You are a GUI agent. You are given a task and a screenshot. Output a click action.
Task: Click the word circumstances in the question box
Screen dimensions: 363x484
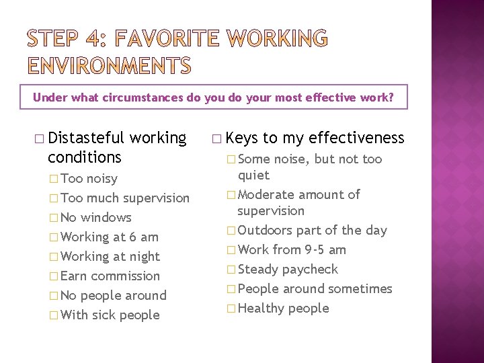pyautogui.click(x=144, y=97)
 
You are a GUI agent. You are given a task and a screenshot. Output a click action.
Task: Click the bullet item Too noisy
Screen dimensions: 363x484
pyautogui.click(x=88, y=178)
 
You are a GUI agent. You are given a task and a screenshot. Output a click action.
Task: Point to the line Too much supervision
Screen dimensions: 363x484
pyautogui.click(x=124, y=198)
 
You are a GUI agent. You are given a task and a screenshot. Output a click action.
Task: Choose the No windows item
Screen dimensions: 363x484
pyautogui.click(x=95, y=217)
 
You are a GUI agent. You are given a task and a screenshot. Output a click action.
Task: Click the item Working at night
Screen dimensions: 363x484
pyautogui.click(x=110, y=256)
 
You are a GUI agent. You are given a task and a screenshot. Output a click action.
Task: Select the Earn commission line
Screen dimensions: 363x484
pyautogui.click(x=110, y=276)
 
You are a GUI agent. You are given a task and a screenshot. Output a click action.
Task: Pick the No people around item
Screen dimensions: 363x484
pyautogui.click(x=113, y=295)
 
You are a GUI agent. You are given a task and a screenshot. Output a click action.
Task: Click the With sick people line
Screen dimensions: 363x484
pyautogui.click(x=110, y=315)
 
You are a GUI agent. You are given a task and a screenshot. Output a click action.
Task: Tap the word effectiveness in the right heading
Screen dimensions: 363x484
pyautogui.click(x=356, y=138)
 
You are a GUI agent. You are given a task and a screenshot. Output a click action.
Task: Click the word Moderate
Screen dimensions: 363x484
pyautogui.click(x=266, y=194)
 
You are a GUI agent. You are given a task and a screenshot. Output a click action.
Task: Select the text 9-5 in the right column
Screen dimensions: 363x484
pyautogui.click(x=318, y=249)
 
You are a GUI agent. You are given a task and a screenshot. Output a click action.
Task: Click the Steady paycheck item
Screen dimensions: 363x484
pyautogui.click(x=288, y=269)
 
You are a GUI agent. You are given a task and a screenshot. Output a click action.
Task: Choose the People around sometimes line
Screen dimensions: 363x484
pyautogui.click(x=315, y=288)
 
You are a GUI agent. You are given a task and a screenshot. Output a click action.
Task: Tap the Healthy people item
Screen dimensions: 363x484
pyautogui.click(x=283, y=308)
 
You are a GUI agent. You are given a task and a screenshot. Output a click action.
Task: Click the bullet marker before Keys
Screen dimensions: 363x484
pyautogui.click(x=215, y=139)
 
